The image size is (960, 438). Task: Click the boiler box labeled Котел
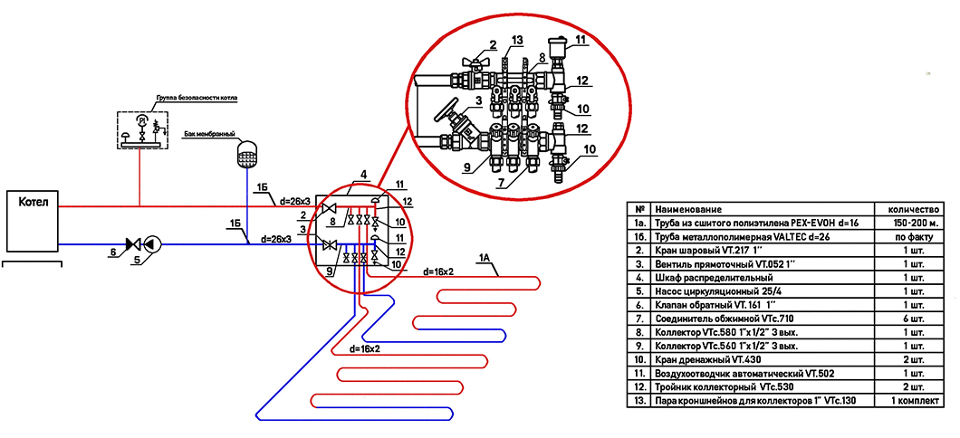point(32,220)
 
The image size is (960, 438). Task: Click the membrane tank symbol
point(245,153)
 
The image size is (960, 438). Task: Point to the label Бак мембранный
point(209,133)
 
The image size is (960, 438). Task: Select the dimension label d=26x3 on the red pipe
point(295,200)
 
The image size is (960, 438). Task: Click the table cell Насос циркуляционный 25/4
point(715,291)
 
